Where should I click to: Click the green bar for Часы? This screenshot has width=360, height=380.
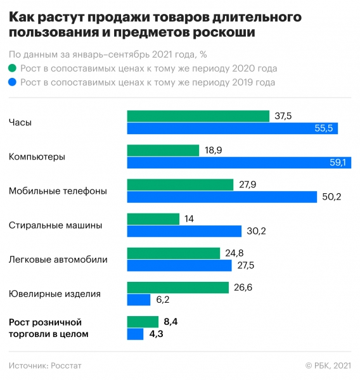(x=198, y=116)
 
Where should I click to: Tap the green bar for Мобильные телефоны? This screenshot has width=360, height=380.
(x=180, y=184)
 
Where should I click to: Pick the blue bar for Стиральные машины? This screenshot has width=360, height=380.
(x=184, y=231)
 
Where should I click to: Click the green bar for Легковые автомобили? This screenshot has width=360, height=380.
(x=173, y=253)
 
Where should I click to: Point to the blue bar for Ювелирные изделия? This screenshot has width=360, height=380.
(x=138, y=300)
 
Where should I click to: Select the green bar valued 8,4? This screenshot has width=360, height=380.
(x=143, y=322)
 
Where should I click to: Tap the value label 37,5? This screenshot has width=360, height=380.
(x=283, y=116)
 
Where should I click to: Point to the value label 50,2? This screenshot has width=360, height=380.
(x=331, y=197)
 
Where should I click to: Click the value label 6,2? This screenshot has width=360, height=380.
(x=162, y=300)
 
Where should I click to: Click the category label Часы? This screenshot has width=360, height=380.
(x=20, y=122)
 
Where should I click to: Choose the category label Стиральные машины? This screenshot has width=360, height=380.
(x=55, y=225)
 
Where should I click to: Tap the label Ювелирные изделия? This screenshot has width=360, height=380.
(x=55, y=293)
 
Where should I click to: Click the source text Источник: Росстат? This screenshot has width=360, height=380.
(x=46, y=365)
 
